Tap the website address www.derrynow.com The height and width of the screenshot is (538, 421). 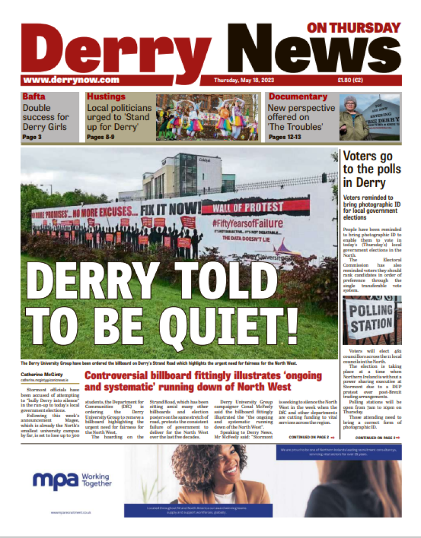[x=71, y=80]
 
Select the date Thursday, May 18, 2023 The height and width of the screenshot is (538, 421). [x=244, y=80]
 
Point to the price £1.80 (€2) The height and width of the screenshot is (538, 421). [x=350, y=80]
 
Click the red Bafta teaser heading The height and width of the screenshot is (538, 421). [x=34, y=97]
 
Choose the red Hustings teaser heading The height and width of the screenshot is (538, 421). [x=106, y=97]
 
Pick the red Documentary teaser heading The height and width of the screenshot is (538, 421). [x=298, y=97]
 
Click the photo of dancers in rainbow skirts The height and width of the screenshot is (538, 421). [x=208, y=117]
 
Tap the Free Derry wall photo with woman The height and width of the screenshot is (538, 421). [x=369, y=117]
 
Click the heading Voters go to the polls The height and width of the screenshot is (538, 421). [x=371, y=169]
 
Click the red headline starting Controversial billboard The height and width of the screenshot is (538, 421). [x=188, y=381]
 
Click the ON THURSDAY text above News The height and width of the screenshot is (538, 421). [x=353, y=27]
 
